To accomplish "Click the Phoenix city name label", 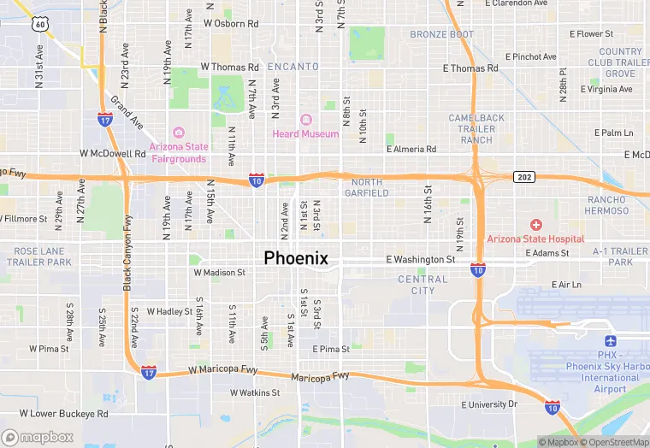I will (x=296, y=257).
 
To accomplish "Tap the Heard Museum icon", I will (x=305, y=119).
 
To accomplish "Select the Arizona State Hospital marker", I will (x=535, y=225).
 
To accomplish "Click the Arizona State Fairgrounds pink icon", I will (x=178, y=132).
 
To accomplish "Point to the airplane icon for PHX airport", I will (x=610, y=341).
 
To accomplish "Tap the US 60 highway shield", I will (x=40, y=24).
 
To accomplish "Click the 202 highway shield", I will (x=524, y=177).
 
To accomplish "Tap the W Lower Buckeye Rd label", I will (x=63, y=414).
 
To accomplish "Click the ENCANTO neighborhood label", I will (x=292, y=67).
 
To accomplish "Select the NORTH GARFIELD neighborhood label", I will (x=367, y=187).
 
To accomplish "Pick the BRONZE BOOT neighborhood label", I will (x=441, y=35).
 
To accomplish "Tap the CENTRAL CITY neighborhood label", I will (x=422, y=285).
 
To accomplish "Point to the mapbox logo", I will (x=38, y=437).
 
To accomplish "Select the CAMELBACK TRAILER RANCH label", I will (x=476, y=128).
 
